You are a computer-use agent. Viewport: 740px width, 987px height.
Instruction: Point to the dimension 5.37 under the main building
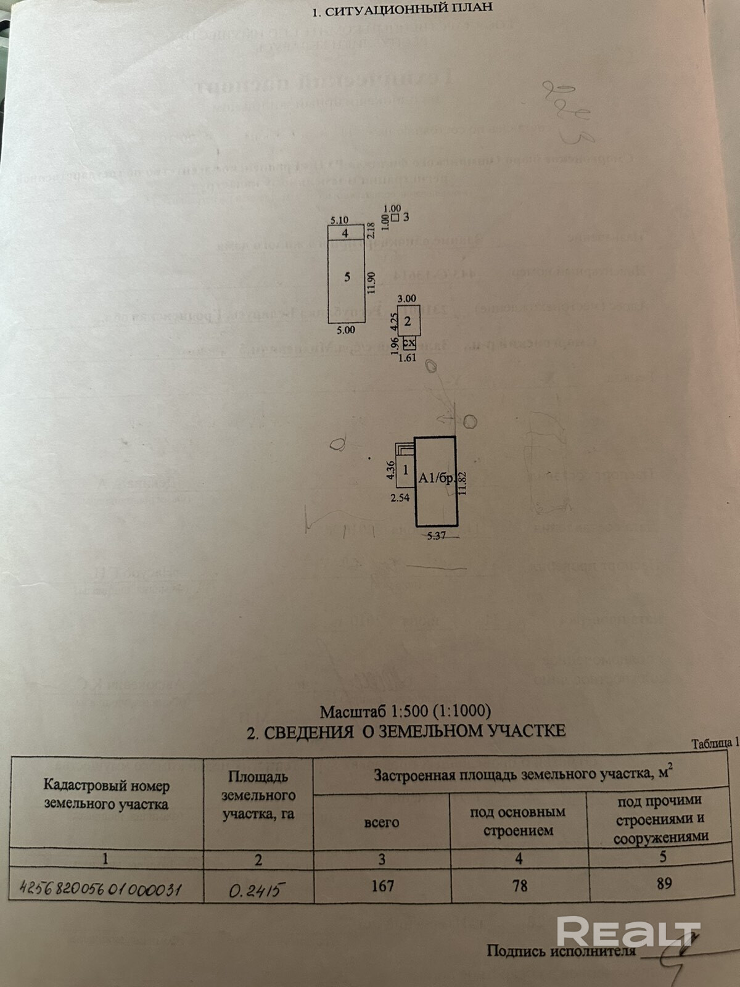[x=436, y=535]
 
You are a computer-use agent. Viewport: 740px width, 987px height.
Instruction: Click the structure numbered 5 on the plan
[x=347, y=278]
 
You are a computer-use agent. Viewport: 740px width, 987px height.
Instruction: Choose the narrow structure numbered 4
[x=345, y=233]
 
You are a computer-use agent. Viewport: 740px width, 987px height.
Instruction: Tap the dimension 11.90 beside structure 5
[x=371, y=284]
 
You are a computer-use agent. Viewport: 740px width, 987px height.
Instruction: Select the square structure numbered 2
[x=407, y=321]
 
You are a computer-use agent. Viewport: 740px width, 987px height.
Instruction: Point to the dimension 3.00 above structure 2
[x=408, y=299]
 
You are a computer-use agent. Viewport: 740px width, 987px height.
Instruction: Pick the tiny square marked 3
[x=395, y=217]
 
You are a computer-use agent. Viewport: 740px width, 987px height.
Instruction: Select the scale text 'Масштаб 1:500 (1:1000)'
[x=405, y=711]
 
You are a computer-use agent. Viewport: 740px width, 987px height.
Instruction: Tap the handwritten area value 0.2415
[x=258, y=889]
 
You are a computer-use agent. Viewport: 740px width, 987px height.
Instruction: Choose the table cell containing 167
[x=382, y=886]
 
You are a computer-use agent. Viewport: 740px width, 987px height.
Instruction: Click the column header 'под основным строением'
[x=518, y=822]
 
